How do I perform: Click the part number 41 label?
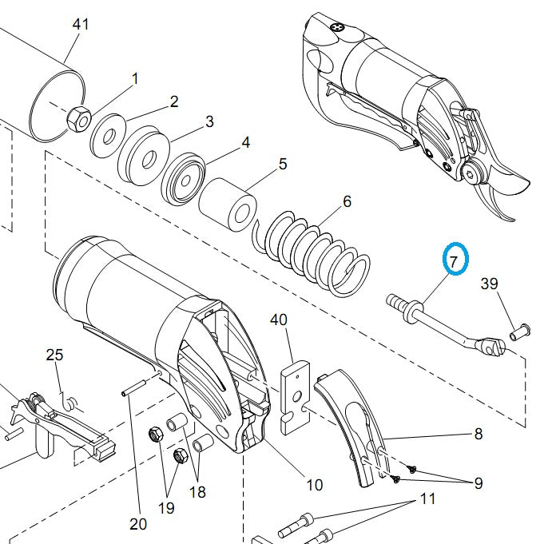click(x=80, y=24)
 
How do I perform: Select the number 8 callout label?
click(x=479, y=434)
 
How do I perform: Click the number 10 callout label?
click(x=314, y=484)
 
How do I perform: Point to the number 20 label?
click(x=138, y=524)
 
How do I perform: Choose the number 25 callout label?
click(x=54, y=355)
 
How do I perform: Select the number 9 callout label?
click(x=479, y=482)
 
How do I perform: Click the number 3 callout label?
click(x=209, y=121)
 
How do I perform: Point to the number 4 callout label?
click(x=246, y=142)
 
